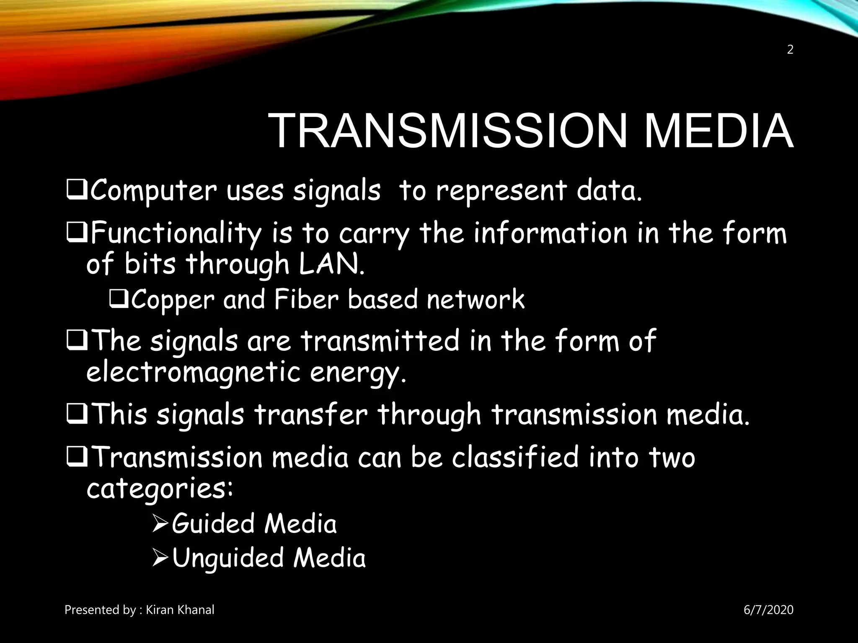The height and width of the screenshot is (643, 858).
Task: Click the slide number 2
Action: [x=790, y=50]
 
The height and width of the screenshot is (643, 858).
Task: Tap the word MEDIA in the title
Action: [x=718, y=131]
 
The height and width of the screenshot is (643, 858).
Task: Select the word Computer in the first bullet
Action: [x=153, y=191]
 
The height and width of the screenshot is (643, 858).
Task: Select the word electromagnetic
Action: [x=193, y=372]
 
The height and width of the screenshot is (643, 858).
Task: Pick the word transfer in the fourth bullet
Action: [x=310, y=415]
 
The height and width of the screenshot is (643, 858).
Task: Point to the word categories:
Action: [x=160, y=489]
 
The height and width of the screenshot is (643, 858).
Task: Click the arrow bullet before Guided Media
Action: [x=160, y=524]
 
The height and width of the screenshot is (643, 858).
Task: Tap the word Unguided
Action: [x=227, y=559]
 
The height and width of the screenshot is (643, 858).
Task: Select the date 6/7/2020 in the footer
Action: [x=768, y=610]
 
